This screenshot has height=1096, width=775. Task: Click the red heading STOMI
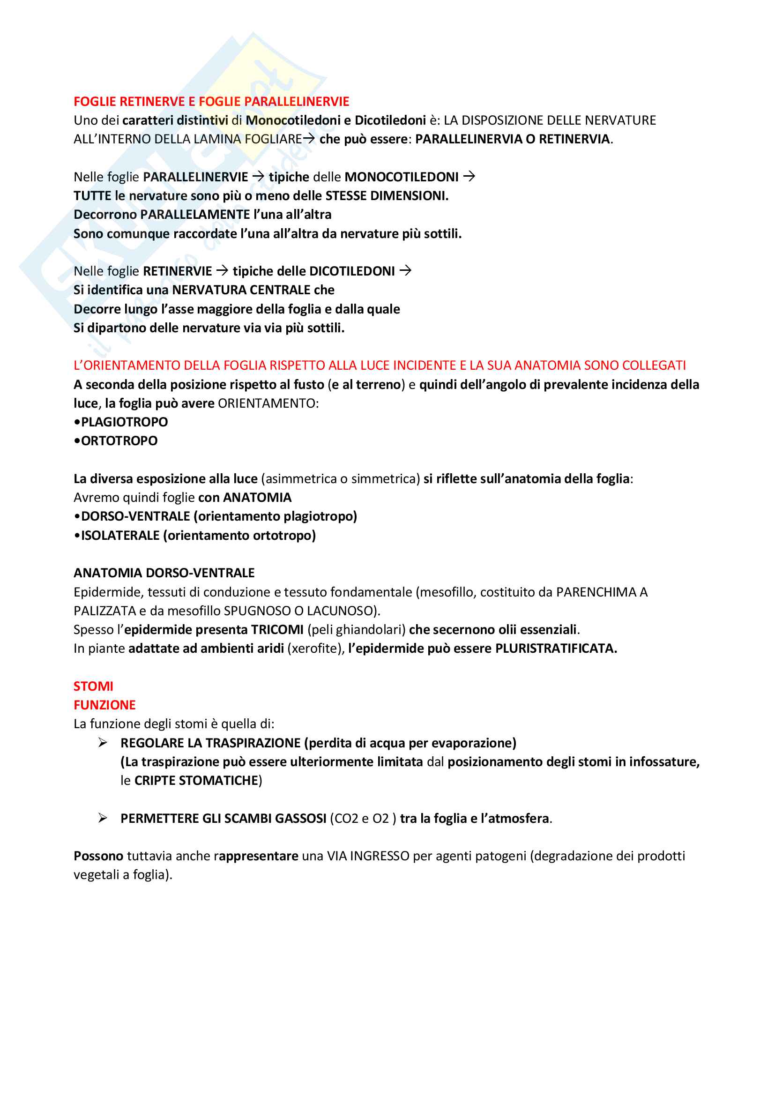pos(93,686)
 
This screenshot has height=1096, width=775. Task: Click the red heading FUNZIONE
pos(104,705)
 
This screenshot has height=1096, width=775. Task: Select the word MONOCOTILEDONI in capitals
pos(402,177)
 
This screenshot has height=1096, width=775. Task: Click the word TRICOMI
pos(277,630)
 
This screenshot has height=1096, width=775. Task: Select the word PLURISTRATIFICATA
pos(556,648)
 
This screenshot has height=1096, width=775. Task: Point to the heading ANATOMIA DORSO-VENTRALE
pos(164,573)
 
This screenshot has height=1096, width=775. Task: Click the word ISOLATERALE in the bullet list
pos(120,535)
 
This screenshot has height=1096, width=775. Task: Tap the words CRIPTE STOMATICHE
pos(196,781)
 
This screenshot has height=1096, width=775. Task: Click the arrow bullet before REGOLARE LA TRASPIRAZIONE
pos(103,743)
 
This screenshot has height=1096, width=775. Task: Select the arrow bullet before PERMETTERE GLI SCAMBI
pos(103,818)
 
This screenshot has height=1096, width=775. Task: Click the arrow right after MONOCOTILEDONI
pos(469,177)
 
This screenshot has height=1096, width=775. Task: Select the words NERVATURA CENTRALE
pos(241,290)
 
